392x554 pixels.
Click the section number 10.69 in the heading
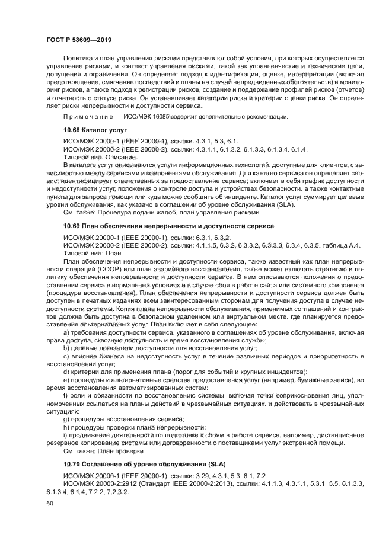click(74, 226)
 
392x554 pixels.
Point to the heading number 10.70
click(74, 463)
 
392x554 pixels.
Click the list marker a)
click(66, 334)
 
